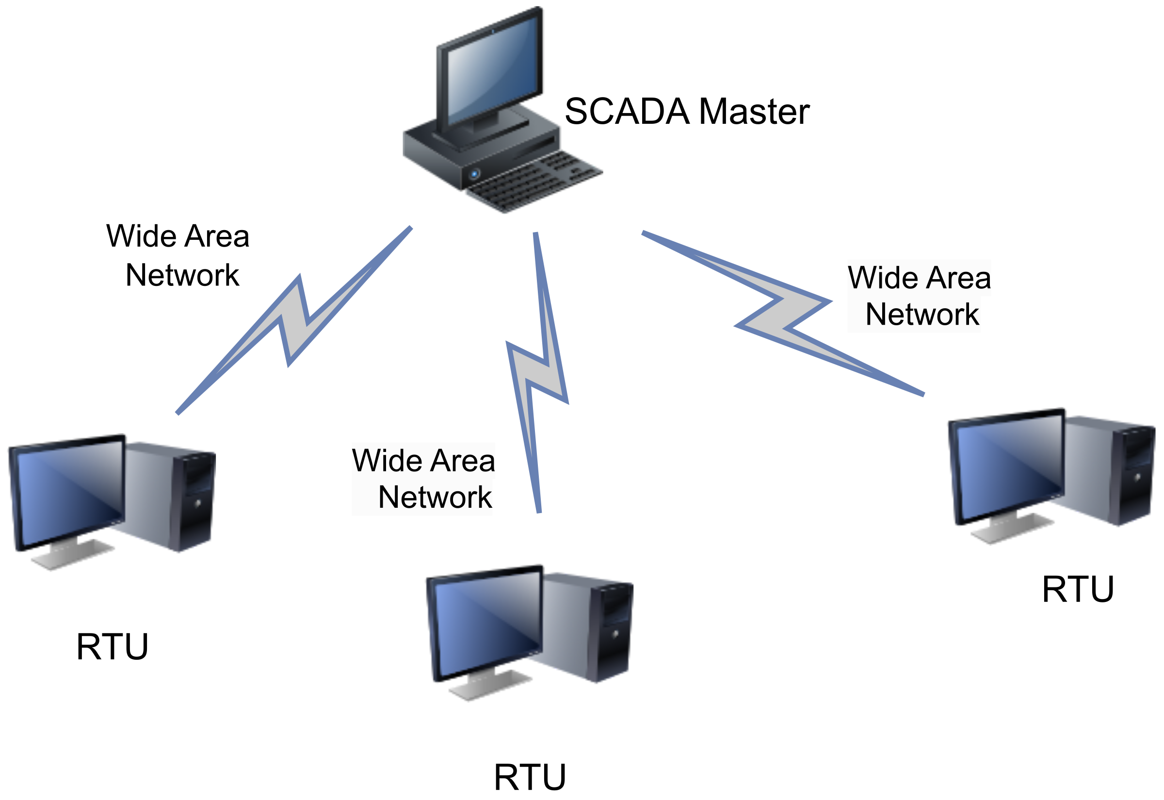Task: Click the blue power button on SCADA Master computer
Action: click(474, 174)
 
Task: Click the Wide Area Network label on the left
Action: click(178, 256)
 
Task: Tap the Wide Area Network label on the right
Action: click(919, 296)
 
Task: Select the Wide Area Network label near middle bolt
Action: click(424, 479)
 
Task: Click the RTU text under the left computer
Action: click(112, 647)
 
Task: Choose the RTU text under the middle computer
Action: click(530, 778)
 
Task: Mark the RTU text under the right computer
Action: click(1078, 589)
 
